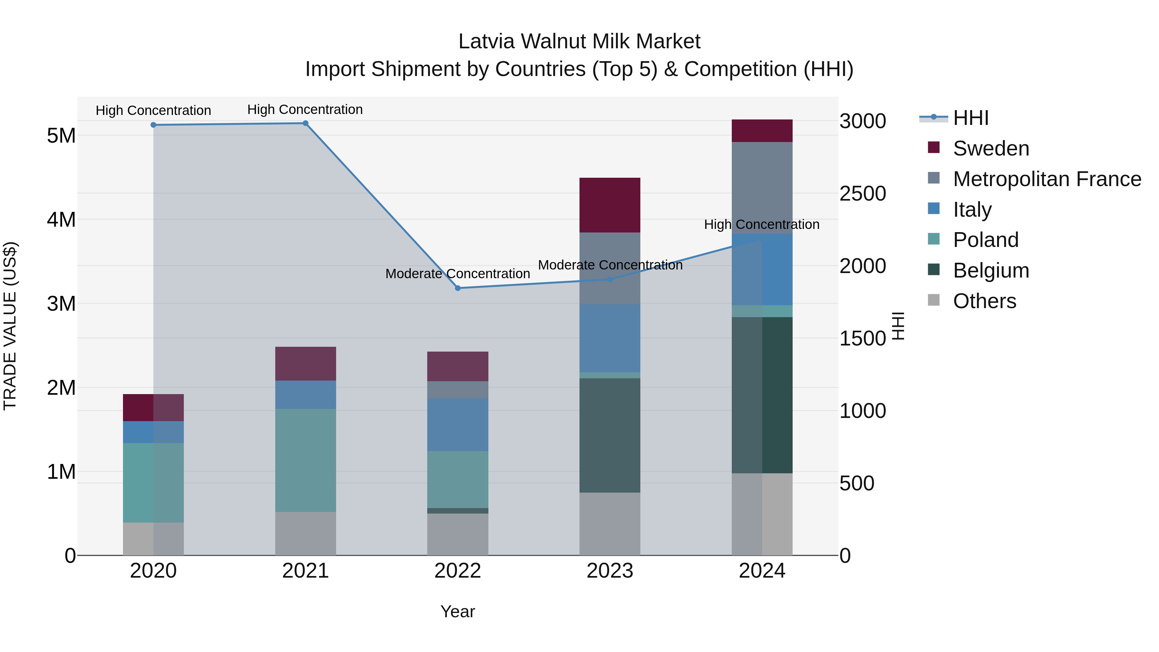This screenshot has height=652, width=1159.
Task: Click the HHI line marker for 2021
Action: click(x=305, y=123)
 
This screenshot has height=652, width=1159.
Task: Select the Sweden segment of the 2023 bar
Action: click(x=610, y=205)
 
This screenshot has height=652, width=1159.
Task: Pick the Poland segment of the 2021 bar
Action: click(x=306, y=460)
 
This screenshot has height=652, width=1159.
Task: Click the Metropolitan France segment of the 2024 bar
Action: click(x=762, y=188)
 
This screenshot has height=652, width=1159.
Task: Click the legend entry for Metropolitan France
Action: click(x=1047, y=179)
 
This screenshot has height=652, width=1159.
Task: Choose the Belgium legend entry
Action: click(x=991, y=270)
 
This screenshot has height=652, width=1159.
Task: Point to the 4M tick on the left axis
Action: click(x=61, y=220)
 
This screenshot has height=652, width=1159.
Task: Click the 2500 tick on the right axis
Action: click(x=862, y=194)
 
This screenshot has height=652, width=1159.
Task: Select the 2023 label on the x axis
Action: click(x=610, y=571)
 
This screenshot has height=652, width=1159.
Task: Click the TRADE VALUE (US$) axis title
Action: click(x=10, y=326)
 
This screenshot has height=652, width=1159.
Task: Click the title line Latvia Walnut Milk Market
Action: click(x=579, y=42)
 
